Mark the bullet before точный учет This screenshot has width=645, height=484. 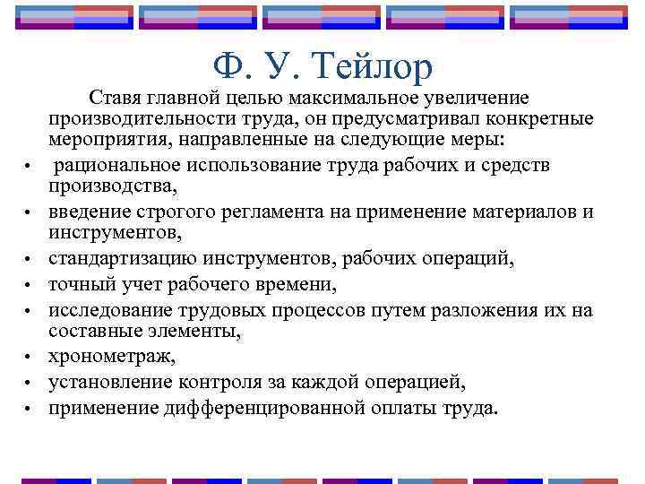tap(30, 288)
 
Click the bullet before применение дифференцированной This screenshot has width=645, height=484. tap(30, 410)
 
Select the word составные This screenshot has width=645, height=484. tap(93, 333)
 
